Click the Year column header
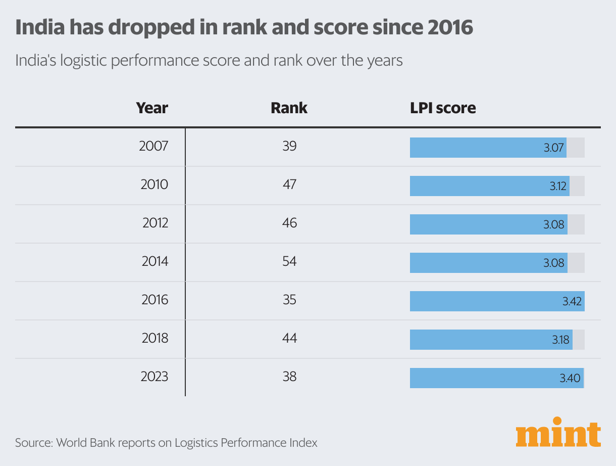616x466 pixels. [152, 108]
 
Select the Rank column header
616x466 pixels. [289, 108]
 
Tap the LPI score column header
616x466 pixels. [443, 108]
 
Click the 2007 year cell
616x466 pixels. [153, 147]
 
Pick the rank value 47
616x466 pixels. [289, 184]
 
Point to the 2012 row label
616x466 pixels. [155, 223]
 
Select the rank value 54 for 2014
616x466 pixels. [289, 261]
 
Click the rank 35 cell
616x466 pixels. [289, 300]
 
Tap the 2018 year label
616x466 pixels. [155, 338]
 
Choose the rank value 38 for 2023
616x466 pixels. [289, 377]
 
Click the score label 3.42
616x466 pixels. [572, 302]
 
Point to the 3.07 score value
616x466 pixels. [554, 148]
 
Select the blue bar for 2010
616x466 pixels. [480, 186]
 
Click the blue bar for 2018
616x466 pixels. [480, 340]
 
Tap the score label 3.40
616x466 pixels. [571, 379]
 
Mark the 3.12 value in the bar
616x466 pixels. [558, 187]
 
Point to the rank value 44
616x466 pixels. [289, 338]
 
